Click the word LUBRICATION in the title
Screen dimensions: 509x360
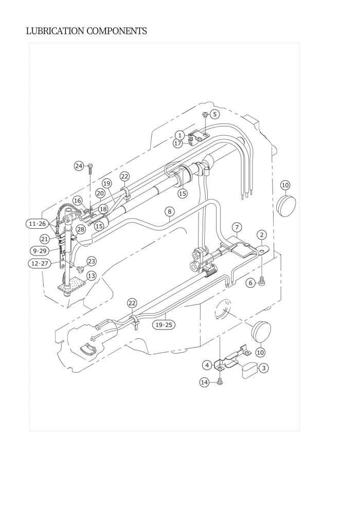coord(55,31)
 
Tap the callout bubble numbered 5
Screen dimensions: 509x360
coord(215,114)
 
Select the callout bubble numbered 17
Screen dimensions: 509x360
coord(178,143)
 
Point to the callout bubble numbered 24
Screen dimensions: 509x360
coord(79,166)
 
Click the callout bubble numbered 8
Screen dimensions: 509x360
coord(169,211)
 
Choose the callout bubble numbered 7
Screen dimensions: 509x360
coord(236,227)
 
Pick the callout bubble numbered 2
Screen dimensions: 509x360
coord(262,235)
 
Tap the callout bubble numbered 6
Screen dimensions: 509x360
coord(250,282)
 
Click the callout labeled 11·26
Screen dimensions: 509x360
coord(38,224)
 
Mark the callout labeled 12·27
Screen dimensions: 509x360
coord(39,263)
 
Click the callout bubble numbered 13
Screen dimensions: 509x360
coord(91,276)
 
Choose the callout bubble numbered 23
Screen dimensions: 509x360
coord(91,261)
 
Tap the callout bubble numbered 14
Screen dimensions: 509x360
coord(205,382)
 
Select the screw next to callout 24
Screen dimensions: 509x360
coord(90,166)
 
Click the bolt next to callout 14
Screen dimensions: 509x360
coord(220,381)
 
